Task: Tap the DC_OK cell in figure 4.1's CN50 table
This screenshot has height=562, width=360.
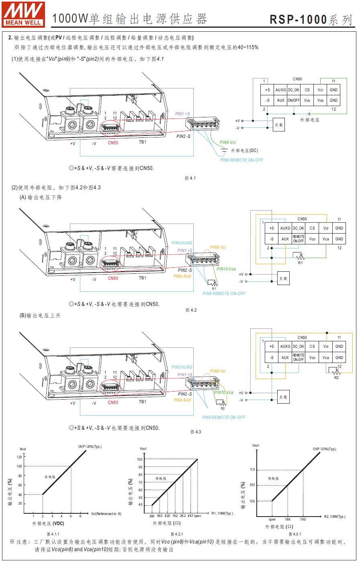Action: coord(294,90)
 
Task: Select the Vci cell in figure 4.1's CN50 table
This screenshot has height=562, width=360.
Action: coord(320,90)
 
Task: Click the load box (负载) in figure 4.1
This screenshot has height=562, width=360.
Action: coord(278,125)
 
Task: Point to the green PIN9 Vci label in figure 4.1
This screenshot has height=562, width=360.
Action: coord(228,143)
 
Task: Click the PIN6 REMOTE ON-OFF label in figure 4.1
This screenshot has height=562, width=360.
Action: coord(241,160)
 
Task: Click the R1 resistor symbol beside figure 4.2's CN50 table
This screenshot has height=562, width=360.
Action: coord(298,256)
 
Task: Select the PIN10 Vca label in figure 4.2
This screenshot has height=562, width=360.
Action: coord(226,269)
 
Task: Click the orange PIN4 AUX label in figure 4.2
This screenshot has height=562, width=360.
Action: coord(182,276)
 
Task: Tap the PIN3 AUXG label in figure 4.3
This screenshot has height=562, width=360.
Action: coord(182,367)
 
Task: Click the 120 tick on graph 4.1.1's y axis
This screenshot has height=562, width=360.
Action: coord(19,457)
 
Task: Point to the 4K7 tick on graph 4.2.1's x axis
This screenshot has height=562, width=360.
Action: coord(190,515)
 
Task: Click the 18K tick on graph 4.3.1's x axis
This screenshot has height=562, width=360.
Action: coord(288,519)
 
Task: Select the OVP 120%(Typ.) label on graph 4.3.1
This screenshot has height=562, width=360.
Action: coord(325,449)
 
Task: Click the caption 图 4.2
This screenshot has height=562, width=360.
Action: coord(191,310)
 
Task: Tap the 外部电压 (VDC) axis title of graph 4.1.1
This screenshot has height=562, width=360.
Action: coord(48,523)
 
